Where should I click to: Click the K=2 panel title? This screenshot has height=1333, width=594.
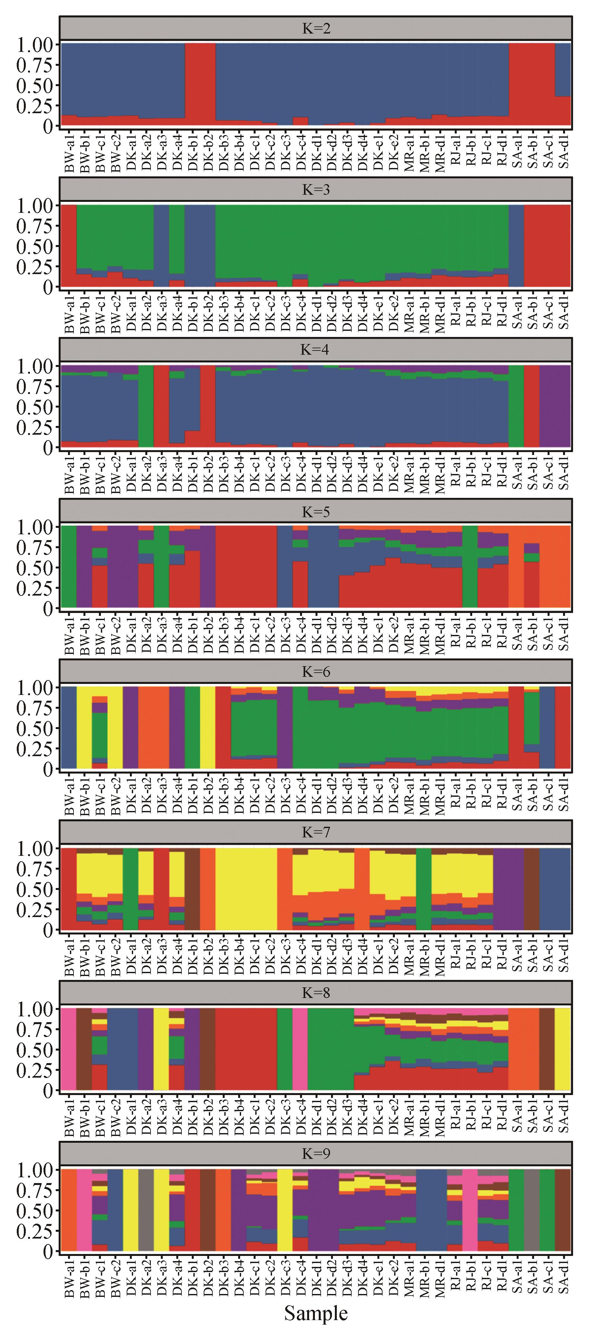point(316,28)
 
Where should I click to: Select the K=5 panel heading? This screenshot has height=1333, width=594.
point(316,512)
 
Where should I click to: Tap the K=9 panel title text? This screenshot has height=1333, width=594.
point(316,1153)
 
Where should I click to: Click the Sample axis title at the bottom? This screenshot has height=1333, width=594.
point(316,1312)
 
